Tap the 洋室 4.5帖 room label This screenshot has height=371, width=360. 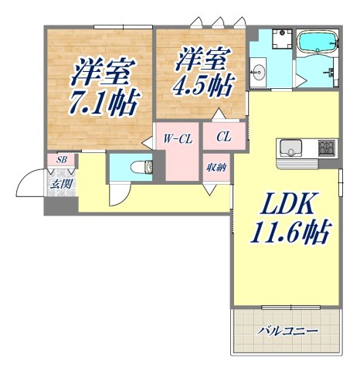(202, 71)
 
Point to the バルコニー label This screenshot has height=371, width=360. (287, 330)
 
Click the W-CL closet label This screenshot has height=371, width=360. (177, 139)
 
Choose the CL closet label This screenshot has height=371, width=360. (223, 138)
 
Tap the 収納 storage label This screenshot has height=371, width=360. (216, 166)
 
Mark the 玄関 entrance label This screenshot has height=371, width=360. (59, 184)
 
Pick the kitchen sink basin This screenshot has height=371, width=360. (293, 146)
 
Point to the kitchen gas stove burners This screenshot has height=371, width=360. (325, 146)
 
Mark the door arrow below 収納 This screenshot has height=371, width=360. (208, 188)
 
